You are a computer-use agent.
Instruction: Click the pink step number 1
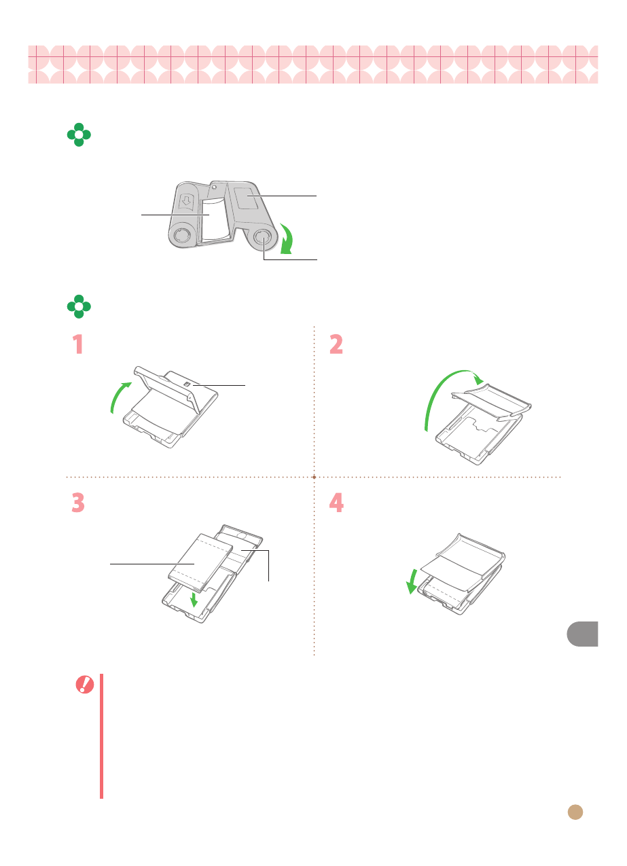(x=78, y=344)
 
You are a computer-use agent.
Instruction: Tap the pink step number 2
(x=336, y=344)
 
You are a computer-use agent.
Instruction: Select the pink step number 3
(x=78, y=503)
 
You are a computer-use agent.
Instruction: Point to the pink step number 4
(x=336, y=503)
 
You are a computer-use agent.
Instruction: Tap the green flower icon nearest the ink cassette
(x=79, y=135)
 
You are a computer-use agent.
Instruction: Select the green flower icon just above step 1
(x=79, y=306)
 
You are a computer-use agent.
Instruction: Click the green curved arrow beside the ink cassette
(x=287, y=238)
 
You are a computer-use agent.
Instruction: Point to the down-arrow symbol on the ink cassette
(x=187, y=200)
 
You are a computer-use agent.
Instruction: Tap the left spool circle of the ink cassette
(x=181, y=235)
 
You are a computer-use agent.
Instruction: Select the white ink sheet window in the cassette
(x=215, y=219)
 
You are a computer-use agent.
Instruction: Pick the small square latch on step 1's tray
(x=187, y=384)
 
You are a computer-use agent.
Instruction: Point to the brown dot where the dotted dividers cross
(x=314, y=477)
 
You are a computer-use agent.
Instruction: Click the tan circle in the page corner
(x=575, y=812)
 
